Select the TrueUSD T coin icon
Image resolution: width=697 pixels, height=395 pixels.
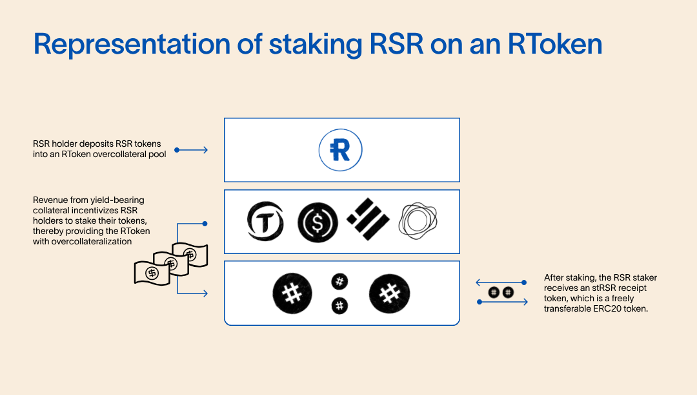[265, 221]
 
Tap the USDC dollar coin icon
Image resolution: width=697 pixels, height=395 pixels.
[318, 221]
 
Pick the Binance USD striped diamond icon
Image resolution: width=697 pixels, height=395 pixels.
[368, 219]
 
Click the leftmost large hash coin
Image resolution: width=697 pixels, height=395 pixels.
[292, 293]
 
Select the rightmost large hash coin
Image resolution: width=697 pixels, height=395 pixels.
[389, 294]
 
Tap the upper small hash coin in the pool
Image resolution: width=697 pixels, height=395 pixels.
[339, 281]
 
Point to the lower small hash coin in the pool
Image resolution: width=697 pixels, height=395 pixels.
[339, 305]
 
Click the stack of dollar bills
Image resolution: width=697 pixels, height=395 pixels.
[170, 263]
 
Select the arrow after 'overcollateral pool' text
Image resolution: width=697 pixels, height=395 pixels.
[191, 150]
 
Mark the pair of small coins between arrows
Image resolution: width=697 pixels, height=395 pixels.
[501, 292]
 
